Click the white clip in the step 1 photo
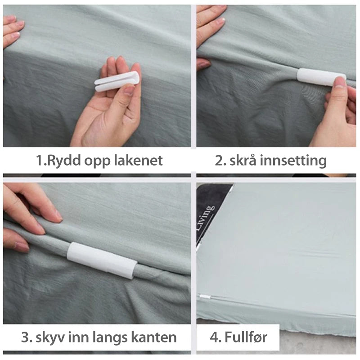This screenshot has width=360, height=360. point(116,81)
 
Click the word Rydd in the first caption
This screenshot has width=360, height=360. point(63,161)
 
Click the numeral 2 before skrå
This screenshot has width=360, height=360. point(219,161)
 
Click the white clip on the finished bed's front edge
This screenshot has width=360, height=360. point(203,297)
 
